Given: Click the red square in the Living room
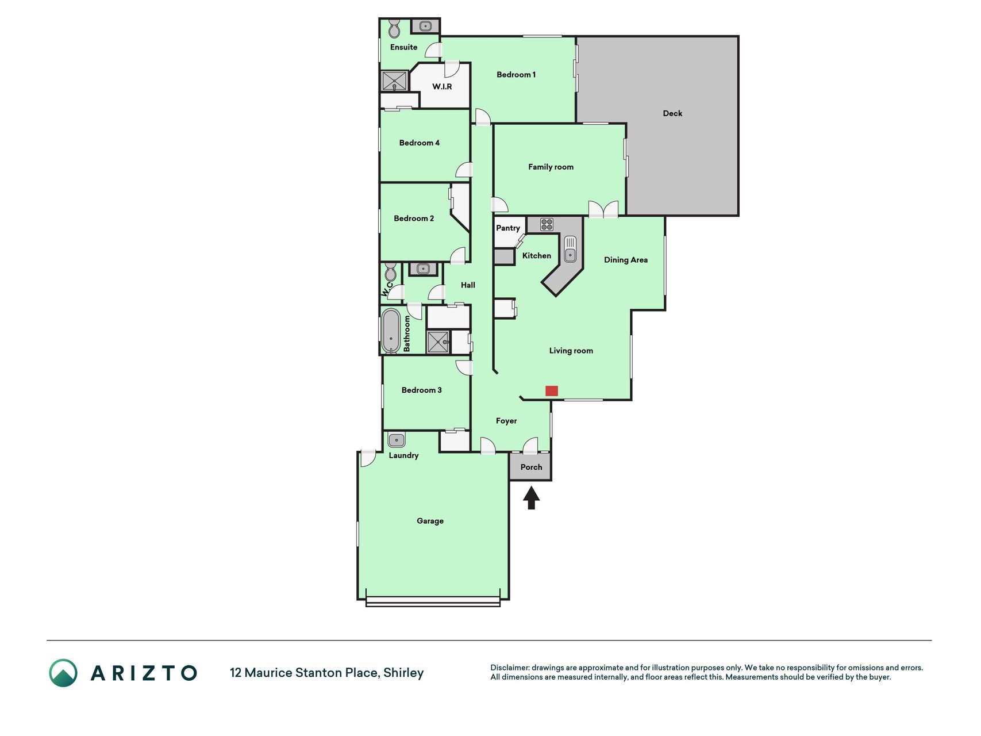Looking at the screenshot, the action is click(551, 391).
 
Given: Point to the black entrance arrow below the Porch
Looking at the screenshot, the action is click(531, 498).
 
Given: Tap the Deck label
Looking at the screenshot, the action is click(672, 113).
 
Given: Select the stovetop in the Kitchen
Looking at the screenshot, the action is click(547, 224).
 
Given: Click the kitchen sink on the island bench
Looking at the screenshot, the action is click(570, 248).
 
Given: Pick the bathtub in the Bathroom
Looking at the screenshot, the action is click(391, 331).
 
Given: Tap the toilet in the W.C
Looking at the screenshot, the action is click(390, 271).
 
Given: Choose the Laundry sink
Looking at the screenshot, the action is click(396, 440).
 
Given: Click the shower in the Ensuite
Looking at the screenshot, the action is click(395, 80).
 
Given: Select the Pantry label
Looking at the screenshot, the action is click(508, 228).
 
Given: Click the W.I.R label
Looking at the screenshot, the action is click(442, 86).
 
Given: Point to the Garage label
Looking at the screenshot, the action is click(430, 521).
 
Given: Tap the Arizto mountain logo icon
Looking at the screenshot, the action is click(63, 673).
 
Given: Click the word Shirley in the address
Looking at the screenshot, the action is click(403, 673).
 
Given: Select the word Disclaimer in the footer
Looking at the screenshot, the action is click(510, 668).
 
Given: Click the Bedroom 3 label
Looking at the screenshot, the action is click(421, 390).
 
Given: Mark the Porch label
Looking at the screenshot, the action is click(531, 467).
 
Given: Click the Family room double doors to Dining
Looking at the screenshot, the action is click(603, 209).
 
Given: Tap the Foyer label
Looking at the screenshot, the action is click(506, 421).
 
